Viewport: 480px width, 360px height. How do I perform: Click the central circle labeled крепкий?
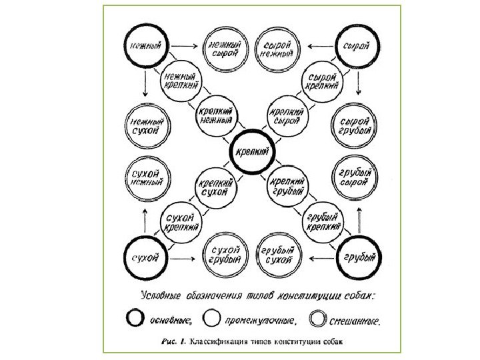pos(253,151)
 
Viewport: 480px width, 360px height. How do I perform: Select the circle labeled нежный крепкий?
pos(181,83)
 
